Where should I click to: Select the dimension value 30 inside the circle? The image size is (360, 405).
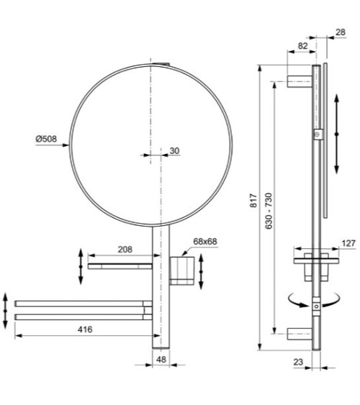(x=175, y=150)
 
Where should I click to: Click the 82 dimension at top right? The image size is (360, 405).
(x=302, y=45)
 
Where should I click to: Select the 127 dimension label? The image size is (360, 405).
(x=348, y=243)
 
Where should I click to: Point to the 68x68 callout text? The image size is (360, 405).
(x=205, y=242)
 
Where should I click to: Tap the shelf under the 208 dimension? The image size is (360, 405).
(x=119, y=265)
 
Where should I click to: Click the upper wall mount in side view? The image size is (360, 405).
(x=300, y=80)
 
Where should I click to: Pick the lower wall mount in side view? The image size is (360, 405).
(x=300, y=335)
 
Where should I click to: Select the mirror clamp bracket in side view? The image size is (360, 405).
(x=318, y=135)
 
